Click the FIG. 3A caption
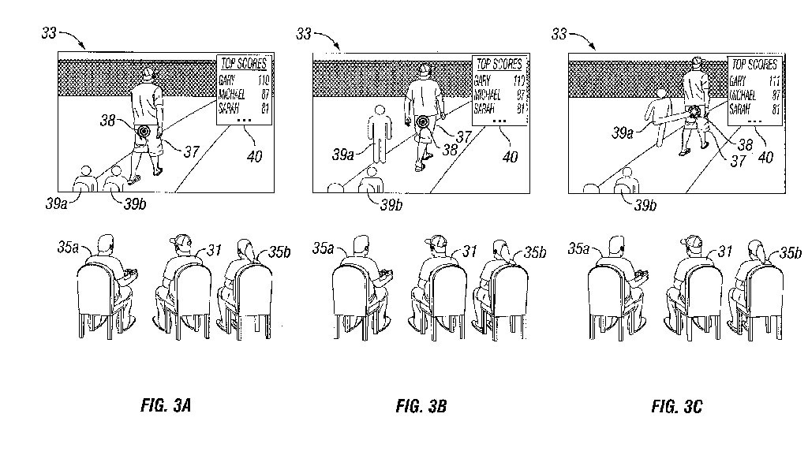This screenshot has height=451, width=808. click(165, 407)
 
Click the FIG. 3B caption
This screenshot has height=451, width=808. click(421, 407)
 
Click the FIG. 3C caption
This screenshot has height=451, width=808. click(676, 407)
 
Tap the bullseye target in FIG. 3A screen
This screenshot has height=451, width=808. click(144, 130)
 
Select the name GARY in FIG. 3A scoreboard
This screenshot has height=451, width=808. click(228, 80)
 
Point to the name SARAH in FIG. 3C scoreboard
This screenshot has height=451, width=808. click(740, 109)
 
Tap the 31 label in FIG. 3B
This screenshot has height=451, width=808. click(470, 251)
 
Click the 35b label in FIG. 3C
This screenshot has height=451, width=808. click(790, 253)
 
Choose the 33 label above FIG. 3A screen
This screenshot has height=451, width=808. click(50, 33)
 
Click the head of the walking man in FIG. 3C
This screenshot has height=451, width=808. click(696, 61)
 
